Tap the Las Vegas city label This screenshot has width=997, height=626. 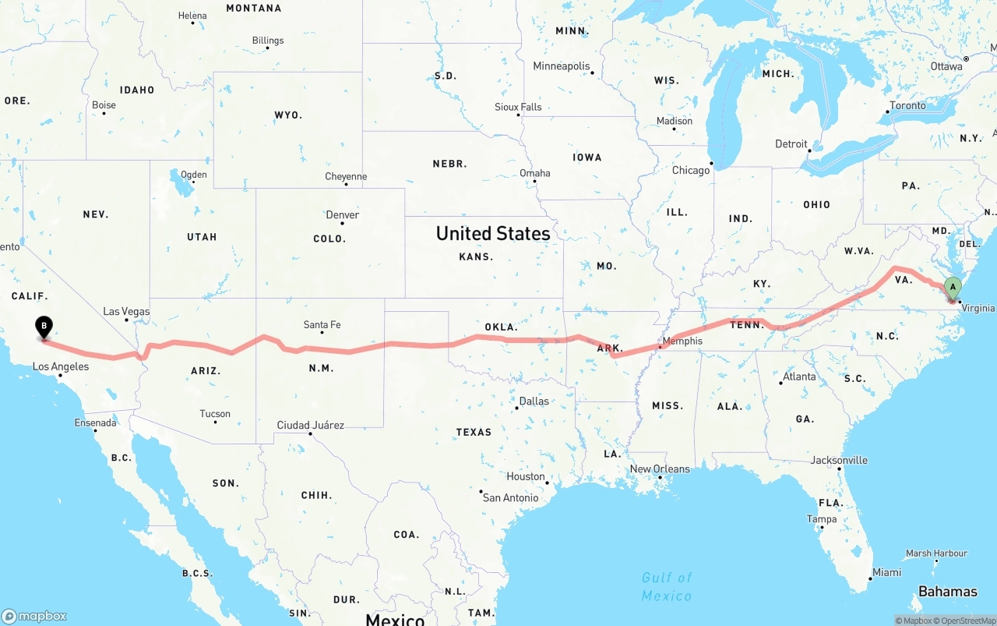click(126, 312)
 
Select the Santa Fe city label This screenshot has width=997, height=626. click(322, 325)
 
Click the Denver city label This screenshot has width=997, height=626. click(343, 215)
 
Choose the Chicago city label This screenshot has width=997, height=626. click(691, 170)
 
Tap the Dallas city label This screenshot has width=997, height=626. click(534, 401)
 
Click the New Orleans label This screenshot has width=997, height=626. click(660, 469)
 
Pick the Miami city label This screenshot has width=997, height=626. click(886, 572)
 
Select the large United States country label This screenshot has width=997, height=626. click(493, 233)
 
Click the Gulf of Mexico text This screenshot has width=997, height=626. click(667, 586)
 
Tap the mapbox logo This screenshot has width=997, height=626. click(34, 616)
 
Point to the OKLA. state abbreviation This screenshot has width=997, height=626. click(501, 327)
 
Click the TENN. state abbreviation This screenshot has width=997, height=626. click(747, 325)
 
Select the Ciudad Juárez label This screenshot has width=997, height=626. click(310, 426)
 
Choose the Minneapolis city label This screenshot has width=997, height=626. click(562, 66)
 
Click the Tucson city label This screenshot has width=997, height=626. click(215, 414)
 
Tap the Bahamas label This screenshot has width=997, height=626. click(947, 592)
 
